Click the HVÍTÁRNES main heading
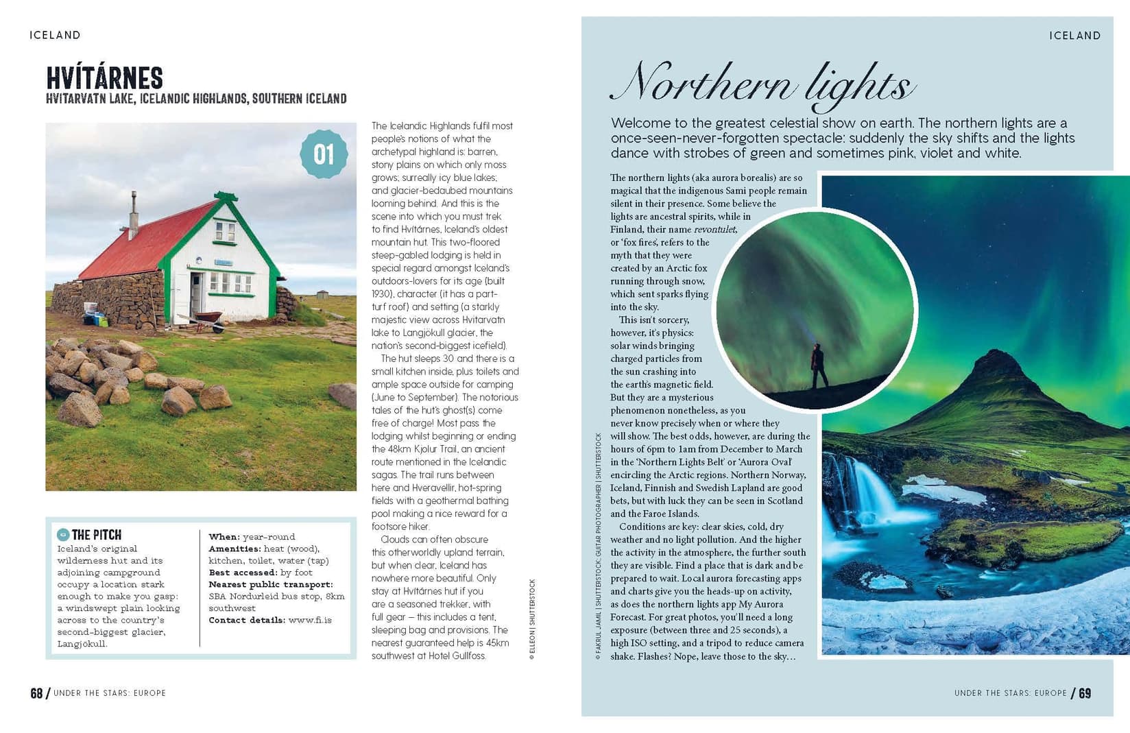point(104,78)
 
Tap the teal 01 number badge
point(324,154)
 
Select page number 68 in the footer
point(36,693)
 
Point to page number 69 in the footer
point(1085,693)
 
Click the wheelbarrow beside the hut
point(204,320)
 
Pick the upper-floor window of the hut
point(225,232)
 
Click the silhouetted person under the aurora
point(817,365)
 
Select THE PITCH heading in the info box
point(96,535)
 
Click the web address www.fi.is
point(310,620)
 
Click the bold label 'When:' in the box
point(224,537)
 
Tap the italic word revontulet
point(714,230)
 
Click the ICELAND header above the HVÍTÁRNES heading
point(55,35)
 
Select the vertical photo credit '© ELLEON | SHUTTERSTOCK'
point(532,619)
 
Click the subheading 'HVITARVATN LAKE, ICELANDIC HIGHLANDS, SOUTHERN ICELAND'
point(196,99)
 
